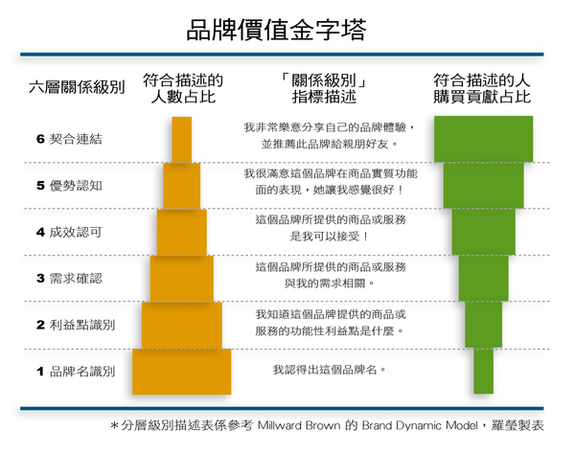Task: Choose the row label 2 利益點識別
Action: (76, 325)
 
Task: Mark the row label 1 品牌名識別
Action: (76, 371)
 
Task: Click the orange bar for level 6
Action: (182, 139)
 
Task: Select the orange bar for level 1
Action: (182, 372)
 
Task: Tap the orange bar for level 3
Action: (182, 279)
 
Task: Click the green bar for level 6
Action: (483, 139)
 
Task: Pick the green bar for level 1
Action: (483, 372)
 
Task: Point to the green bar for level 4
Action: (483, 232)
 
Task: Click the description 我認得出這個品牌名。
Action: (325, 371)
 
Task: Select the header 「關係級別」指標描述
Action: (325, 88)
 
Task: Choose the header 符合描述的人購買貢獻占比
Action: (483, 88)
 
